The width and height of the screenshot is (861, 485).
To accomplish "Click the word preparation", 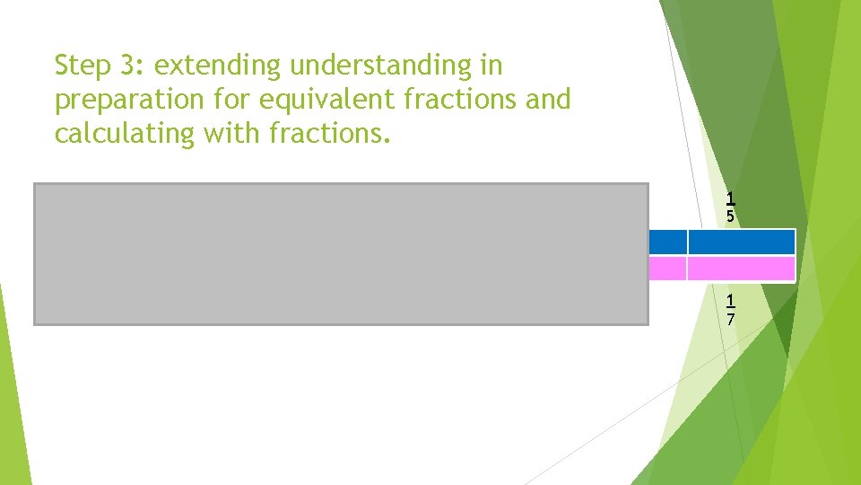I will pyautogui.click(x=135, y=100).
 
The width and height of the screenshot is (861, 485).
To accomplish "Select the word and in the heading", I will pyautogui.click(x=548, y=99).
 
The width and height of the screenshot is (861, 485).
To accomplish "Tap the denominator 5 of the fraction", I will pyautogui.click(x=731, y=216).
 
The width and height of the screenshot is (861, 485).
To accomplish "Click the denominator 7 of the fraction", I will pyautogui.click(x=731, y=319).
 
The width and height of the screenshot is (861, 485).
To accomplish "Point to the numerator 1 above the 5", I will pyautogui.click(x=731, y=198).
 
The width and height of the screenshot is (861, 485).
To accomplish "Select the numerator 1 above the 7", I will pyautogui.click(x=731, y=301).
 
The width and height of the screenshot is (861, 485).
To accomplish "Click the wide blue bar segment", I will pyautogui.click(x=741, y=242).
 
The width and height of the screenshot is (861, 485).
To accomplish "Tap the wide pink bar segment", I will pyautogui.click(x=741, y=269).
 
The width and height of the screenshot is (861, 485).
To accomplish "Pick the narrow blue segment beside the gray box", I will pyautogui.click(x=667, y=242).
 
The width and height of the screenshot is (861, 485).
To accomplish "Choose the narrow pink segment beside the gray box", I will pyautogui.click(x=667, y=269).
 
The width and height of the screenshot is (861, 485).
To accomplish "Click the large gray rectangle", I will pyautogui.click(x=341, y=253).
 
